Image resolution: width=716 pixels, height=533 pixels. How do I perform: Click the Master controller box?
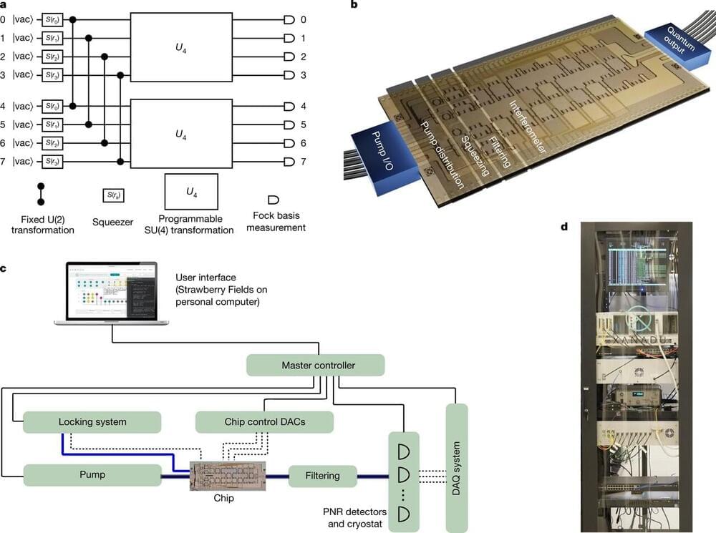tap(316, 366)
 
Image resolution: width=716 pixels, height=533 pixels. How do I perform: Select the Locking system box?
tap(92, 422)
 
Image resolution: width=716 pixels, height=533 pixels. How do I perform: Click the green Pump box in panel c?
tap(92, 475)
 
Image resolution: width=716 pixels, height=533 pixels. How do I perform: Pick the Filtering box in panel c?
tap(324, 475)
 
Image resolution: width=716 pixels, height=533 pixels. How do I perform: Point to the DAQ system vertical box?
tap(456, 457)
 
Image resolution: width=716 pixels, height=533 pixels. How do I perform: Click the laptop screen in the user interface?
tap(111, 291)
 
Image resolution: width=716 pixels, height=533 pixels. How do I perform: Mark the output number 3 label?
tap(304, 74)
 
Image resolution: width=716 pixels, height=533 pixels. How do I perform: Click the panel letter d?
tap(565, 228)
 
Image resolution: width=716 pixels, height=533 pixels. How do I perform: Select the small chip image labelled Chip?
tap(227, 476)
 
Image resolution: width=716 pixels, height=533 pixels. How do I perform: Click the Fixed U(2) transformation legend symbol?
tap(40, 195)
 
